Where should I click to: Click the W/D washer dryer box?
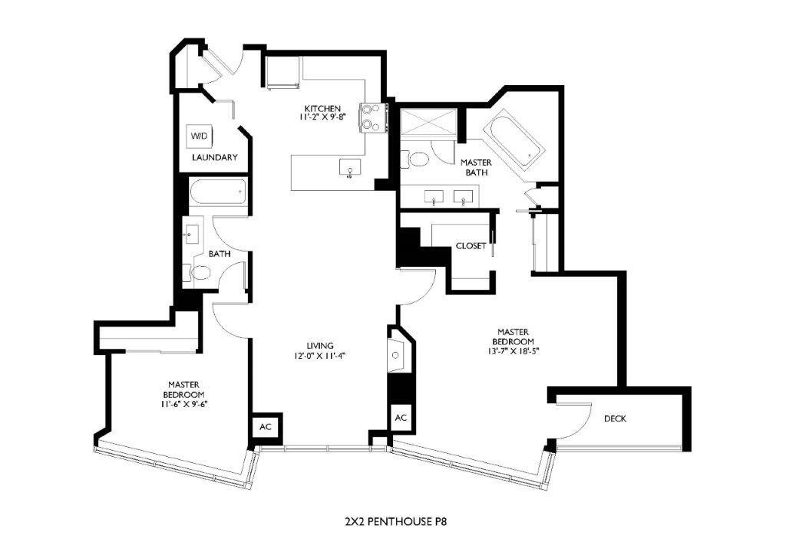tap(199, 136)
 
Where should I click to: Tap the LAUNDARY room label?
tap(214, 158)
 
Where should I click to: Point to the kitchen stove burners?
tap(372, 117)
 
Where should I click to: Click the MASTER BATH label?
tap(476, 167)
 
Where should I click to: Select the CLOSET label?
tap(471, 246)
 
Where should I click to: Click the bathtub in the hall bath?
tap(218, 191)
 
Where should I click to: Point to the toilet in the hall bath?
tap(197, 272)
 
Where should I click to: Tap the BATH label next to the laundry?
tap(220, 254)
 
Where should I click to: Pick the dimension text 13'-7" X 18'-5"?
tap(514, 350)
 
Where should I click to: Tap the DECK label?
tap(615, 419)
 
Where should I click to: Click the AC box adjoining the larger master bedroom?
tap(401, 419)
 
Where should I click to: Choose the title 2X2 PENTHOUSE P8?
tap(395, 521)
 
